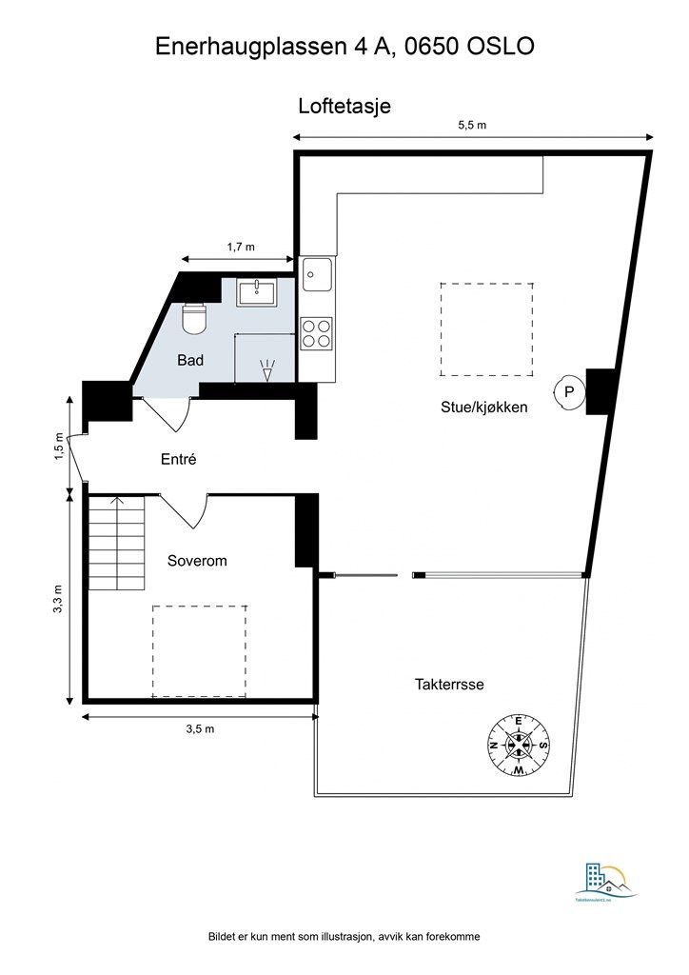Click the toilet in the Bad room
[194, 318]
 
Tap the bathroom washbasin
[257, 290]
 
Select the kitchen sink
[317, 276]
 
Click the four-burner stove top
[317, 332]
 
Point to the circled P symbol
[568, 391]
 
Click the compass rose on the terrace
[519, 744]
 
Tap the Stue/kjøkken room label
[483, 407]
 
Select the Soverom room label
[197, 561]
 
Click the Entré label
[178, 459]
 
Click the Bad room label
[190, 361]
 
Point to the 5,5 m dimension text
[473, 126]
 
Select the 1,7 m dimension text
[241, 247]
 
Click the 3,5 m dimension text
[200, 729]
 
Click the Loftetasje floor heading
[344, 107]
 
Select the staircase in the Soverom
[116, 544]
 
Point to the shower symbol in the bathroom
[267, 368]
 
